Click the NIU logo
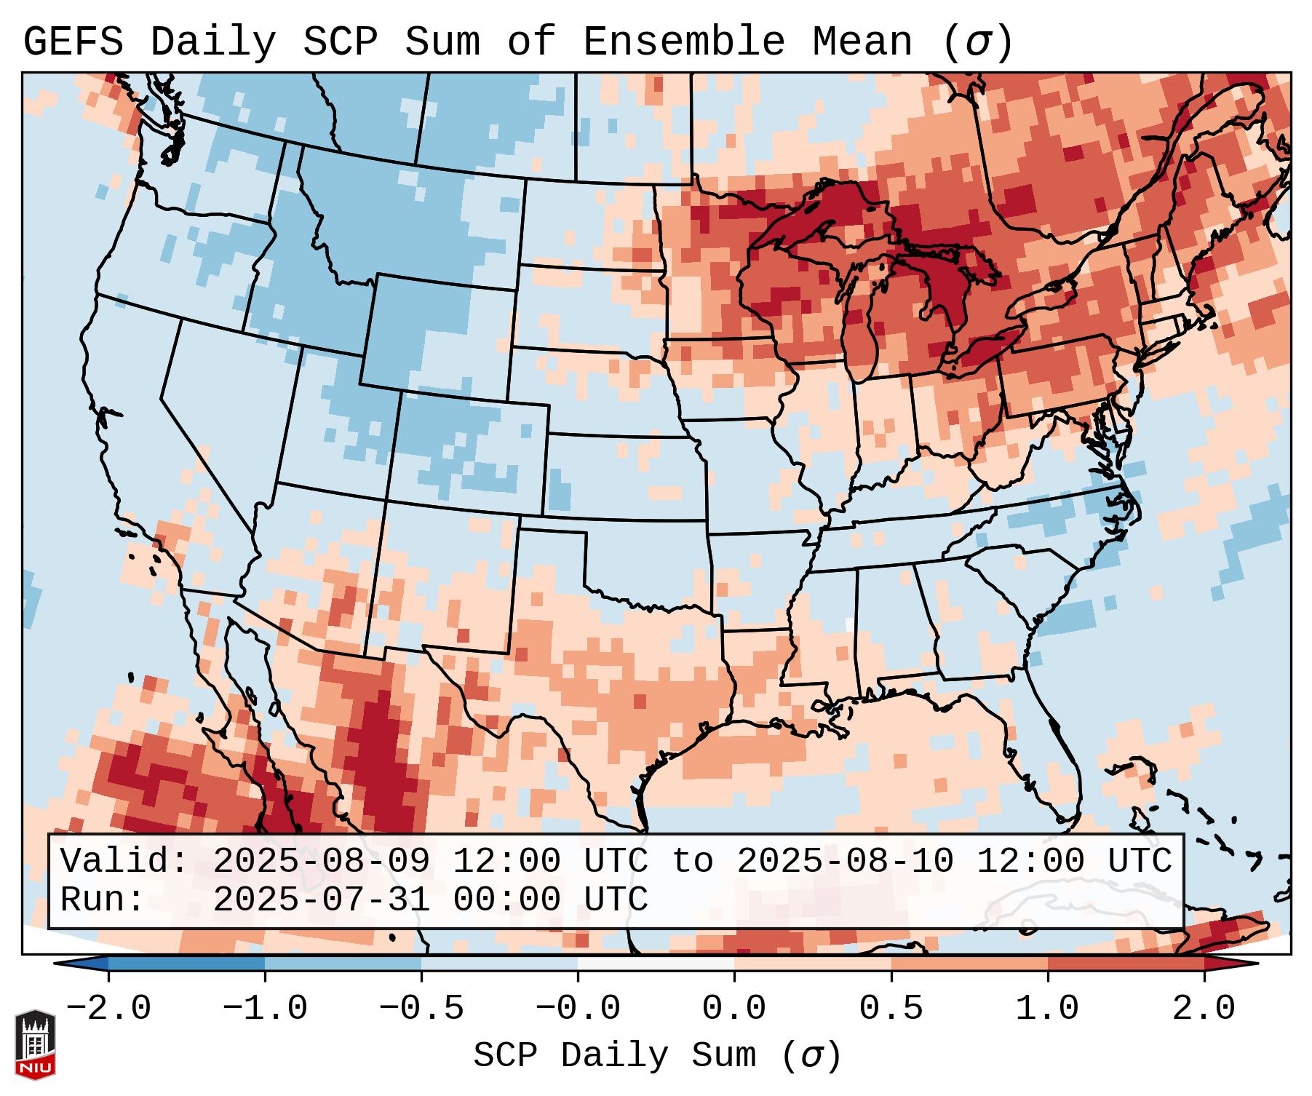[35, 1044]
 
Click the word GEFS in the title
[73, 42]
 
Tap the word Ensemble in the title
[684, 42]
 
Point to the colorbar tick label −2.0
[108, 1009]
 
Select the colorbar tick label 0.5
[891, 1009]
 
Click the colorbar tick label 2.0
[1204, 1009]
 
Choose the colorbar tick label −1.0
[265, 1009]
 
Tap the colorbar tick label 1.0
[1047, 1009]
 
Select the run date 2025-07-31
[321, 900]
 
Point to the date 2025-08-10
[845, 862]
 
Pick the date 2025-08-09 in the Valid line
[321, 862]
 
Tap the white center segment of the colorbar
[656, 964]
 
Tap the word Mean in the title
[862, 42]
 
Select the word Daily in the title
[213, 42]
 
